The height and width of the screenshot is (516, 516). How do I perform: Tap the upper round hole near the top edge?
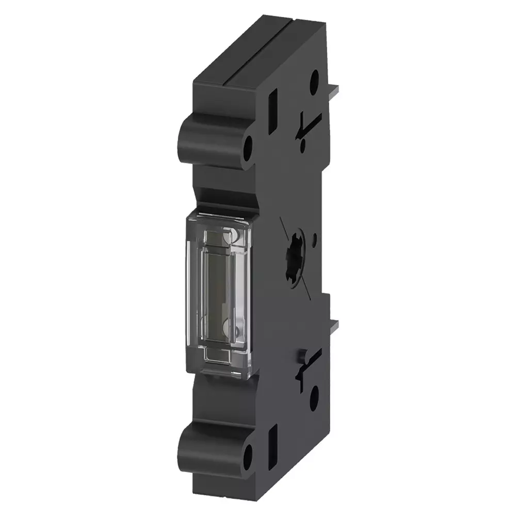[x=314, y=82]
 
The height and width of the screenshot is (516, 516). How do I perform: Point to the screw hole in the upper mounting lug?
[x=248, y=147]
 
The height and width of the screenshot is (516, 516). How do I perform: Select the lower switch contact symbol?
[x=309, y=367]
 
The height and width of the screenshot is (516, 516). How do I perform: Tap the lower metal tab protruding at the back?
[x=334, y=326]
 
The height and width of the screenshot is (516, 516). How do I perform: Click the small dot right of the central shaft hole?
[x=315, y=240]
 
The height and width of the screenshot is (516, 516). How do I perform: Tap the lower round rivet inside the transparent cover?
[x=228, y=328]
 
